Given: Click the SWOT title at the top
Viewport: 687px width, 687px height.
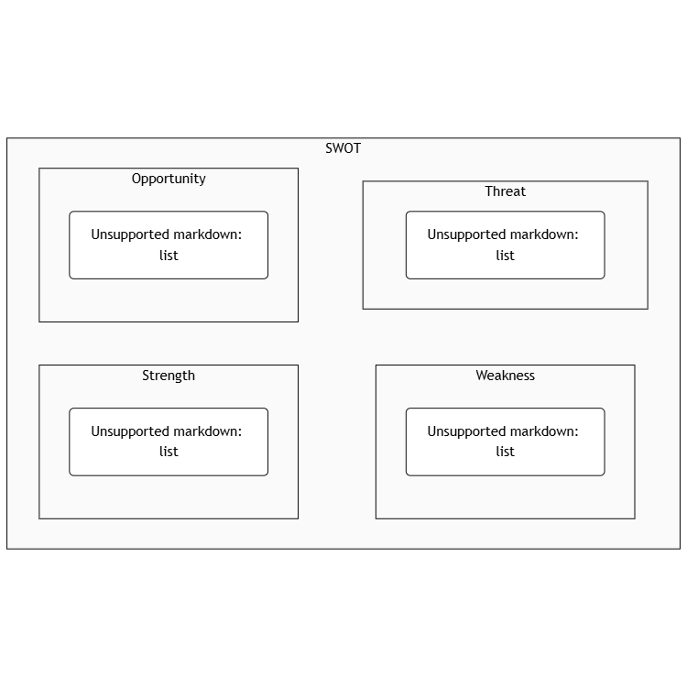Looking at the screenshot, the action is (x=343, y=148).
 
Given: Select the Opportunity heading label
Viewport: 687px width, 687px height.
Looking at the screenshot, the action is (x=169, y=179).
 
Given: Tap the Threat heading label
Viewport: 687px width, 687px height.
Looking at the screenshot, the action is (x=505, y=191).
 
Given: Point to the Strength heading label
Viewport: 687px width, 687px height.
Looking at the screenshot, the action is (x=169, y=376).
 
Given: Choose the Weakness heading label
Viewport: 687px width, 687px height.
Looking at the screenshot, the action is (x=505, y=376).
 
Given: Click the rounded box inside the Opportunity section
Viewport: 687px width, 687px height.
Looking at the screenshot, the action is (x=169, y=245).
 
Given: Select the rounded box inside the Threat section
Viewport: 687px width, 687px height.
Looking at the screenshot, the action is (x=505, y=245).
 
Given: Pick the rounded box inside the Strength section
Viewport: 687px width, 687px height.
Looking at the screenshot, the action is (x=169, y=442).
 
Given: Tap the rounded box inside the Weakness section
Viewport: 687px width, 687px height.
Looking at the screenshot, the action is (x=505, y=442).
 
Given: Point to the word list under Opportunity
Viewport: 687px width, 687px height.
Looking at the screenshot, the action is (x=169, y=256).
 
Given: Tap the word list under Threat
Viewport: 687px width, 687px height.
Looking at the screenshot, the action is (x=505, y=256).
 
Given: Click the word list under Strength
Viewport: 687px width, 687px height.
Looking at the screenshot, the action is (x=169, y=452).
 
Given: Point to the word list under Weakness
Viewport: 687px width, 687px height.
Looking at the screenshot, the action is (x=505, y=452).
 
